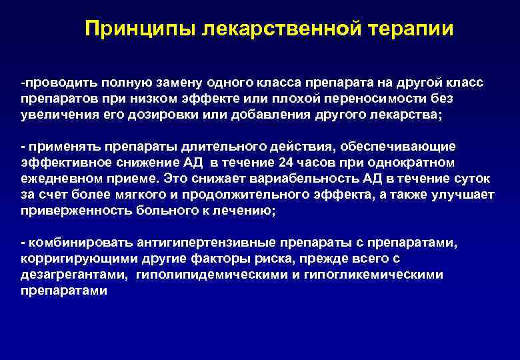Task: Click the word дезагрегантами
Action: [73, 274]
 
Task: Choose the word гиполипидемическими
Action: [211, 274]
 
